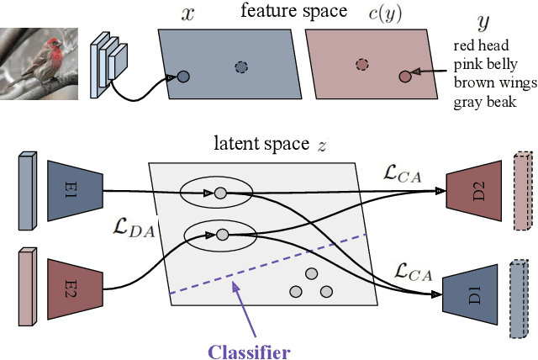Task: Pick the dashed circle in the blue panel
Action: click(242, 66)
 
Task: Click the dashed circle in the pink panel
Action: click(361, 64)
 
